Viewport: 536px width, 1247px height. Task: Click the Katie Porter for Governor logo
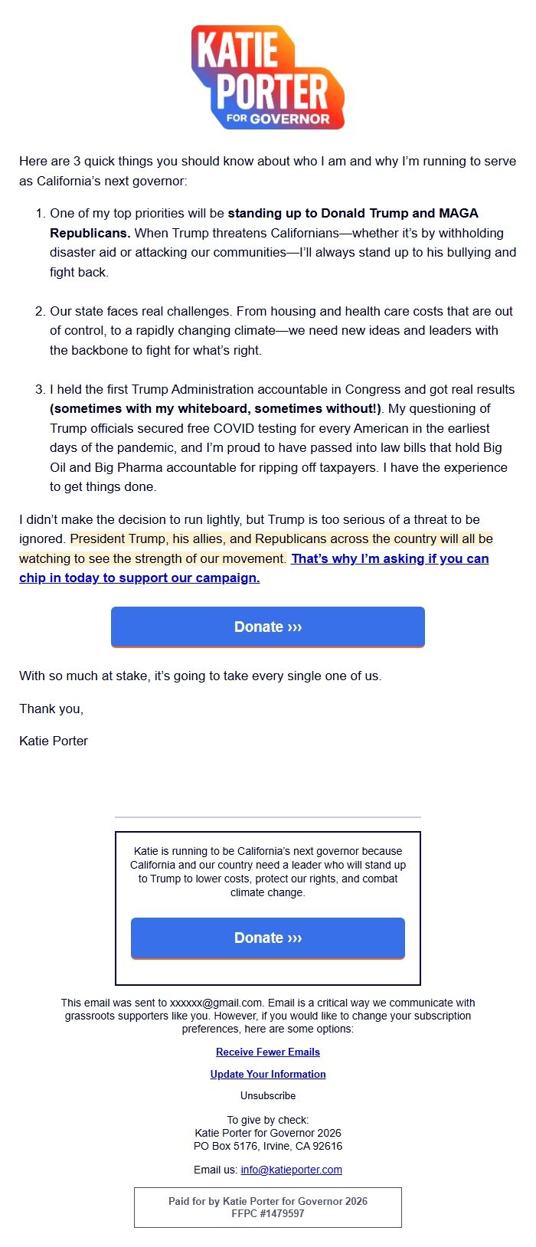click(x=268, y=77)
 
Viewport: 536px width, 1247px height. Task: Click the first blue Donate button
click(x=268, y=627)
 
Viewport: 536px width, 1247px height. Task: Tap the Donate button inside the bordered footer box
click(x=268, y=938)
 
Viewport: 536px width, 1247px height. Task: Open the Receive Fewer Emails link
click(x=268, y=1052)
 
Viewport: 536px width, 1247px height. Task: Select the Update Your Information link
click(x=268, y=1074)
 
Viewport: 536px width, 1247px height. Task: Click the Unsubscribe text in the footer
click(x=268, y=1095)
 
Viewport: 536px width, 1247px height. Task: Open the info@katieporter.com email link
click(x=291, y=1170)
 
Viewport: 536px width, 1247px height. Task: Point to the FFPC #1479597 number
click(x=268, y=1213)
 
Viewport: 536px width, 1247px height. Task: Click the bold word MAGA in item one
click(x=459, y=213)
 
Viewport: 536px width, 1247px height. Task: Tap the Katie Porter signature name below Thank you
click(x=54, y=741)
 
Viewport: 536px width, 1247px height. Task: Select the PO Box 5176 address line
click(x=268, y=1146)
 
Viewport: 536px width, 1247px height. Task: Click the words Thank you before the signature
click(x=51, y=709)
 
